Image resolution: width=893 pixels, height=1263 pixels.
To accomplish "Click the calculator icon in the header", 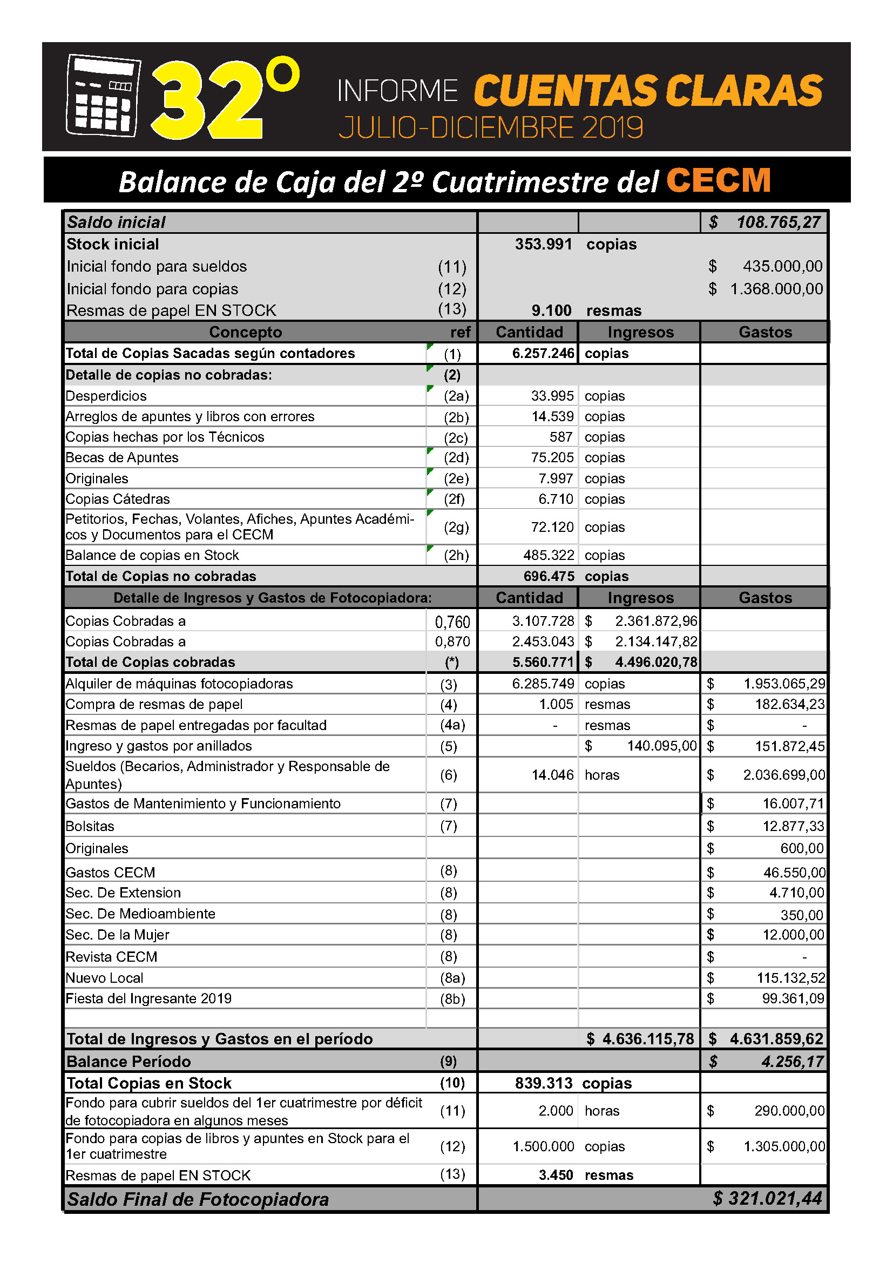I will click(x=103, y=96).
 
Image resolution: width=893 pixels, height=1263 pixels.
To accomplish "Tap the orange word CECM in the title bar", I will click(x=718, y=180).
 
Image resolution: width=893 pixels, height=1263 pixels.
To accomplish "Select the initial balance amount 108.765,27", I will click(x=778, y=222).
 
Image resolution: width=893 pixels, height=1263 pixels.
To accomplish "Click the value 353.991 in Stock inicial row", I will click(x=543, y=244).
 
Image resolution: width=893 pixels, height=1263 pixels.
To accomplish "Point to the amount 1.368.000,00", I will click(x=776, y=289).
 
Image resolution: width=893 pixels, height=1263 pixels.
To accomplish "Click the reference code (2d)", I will click(x=456, y=458).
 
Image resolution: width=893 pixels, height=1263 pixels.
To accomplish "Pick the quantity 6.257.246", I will click(x=543, y=353).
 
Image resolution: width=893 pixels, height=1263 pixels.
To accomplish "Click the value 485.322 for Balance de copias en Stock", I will click(x=548, y=555).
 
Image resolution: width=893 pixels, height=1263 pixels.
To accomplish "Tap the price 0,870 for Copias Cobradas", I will click(x=452, y=641).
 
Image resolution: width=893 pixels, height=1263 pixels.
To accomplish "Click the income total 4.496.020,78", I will click(x=655, y=663).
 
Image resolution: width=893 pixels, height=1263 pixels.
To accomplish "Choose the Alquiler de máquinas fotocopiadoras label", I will click(x=179, y=684).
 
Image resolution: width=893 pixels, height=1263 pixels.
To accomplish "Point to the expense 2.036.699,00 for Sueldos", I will click(x=783, y=775).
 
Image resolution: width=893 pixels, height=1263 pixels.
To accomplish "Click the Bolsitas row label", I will click(x=90, y=826).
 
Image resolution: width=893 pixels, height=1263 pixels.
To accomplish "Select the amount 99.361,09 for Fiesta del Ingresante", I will click(x=793, y=998).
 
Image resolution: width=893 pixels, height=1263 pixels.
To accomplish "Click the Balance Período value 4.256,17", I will click(x=793, y=1062).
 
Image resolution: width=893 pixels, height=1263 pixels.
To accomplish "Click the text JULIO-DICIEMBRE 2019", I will click(x=490, y=128).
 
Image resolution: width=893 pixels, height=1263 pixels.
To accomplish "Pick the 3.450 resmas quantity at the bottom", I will click(x=556, y=1175).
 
